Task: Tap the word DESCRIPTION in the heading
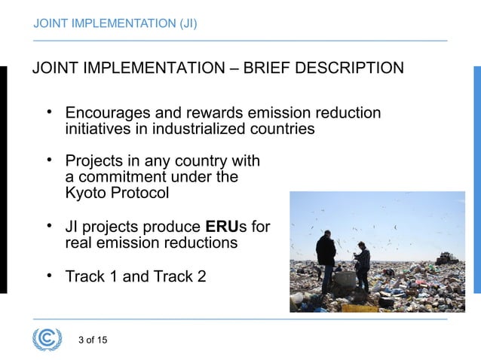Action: click(351, 69)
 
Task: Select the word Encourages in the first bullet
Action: click(107, 114)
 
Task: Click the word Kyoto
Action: click(85, 193)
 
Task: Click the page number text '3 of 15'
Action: click(93, 340)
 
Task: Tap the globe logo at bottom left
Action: click(47, 339)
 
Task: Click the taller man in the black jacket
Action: click(326, 256)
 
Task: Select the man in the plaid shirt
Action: click(363, 264)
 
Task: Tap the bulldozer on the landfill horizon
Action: click(446, 258)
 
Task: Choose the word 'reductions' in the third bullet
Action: click(202, 243)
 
